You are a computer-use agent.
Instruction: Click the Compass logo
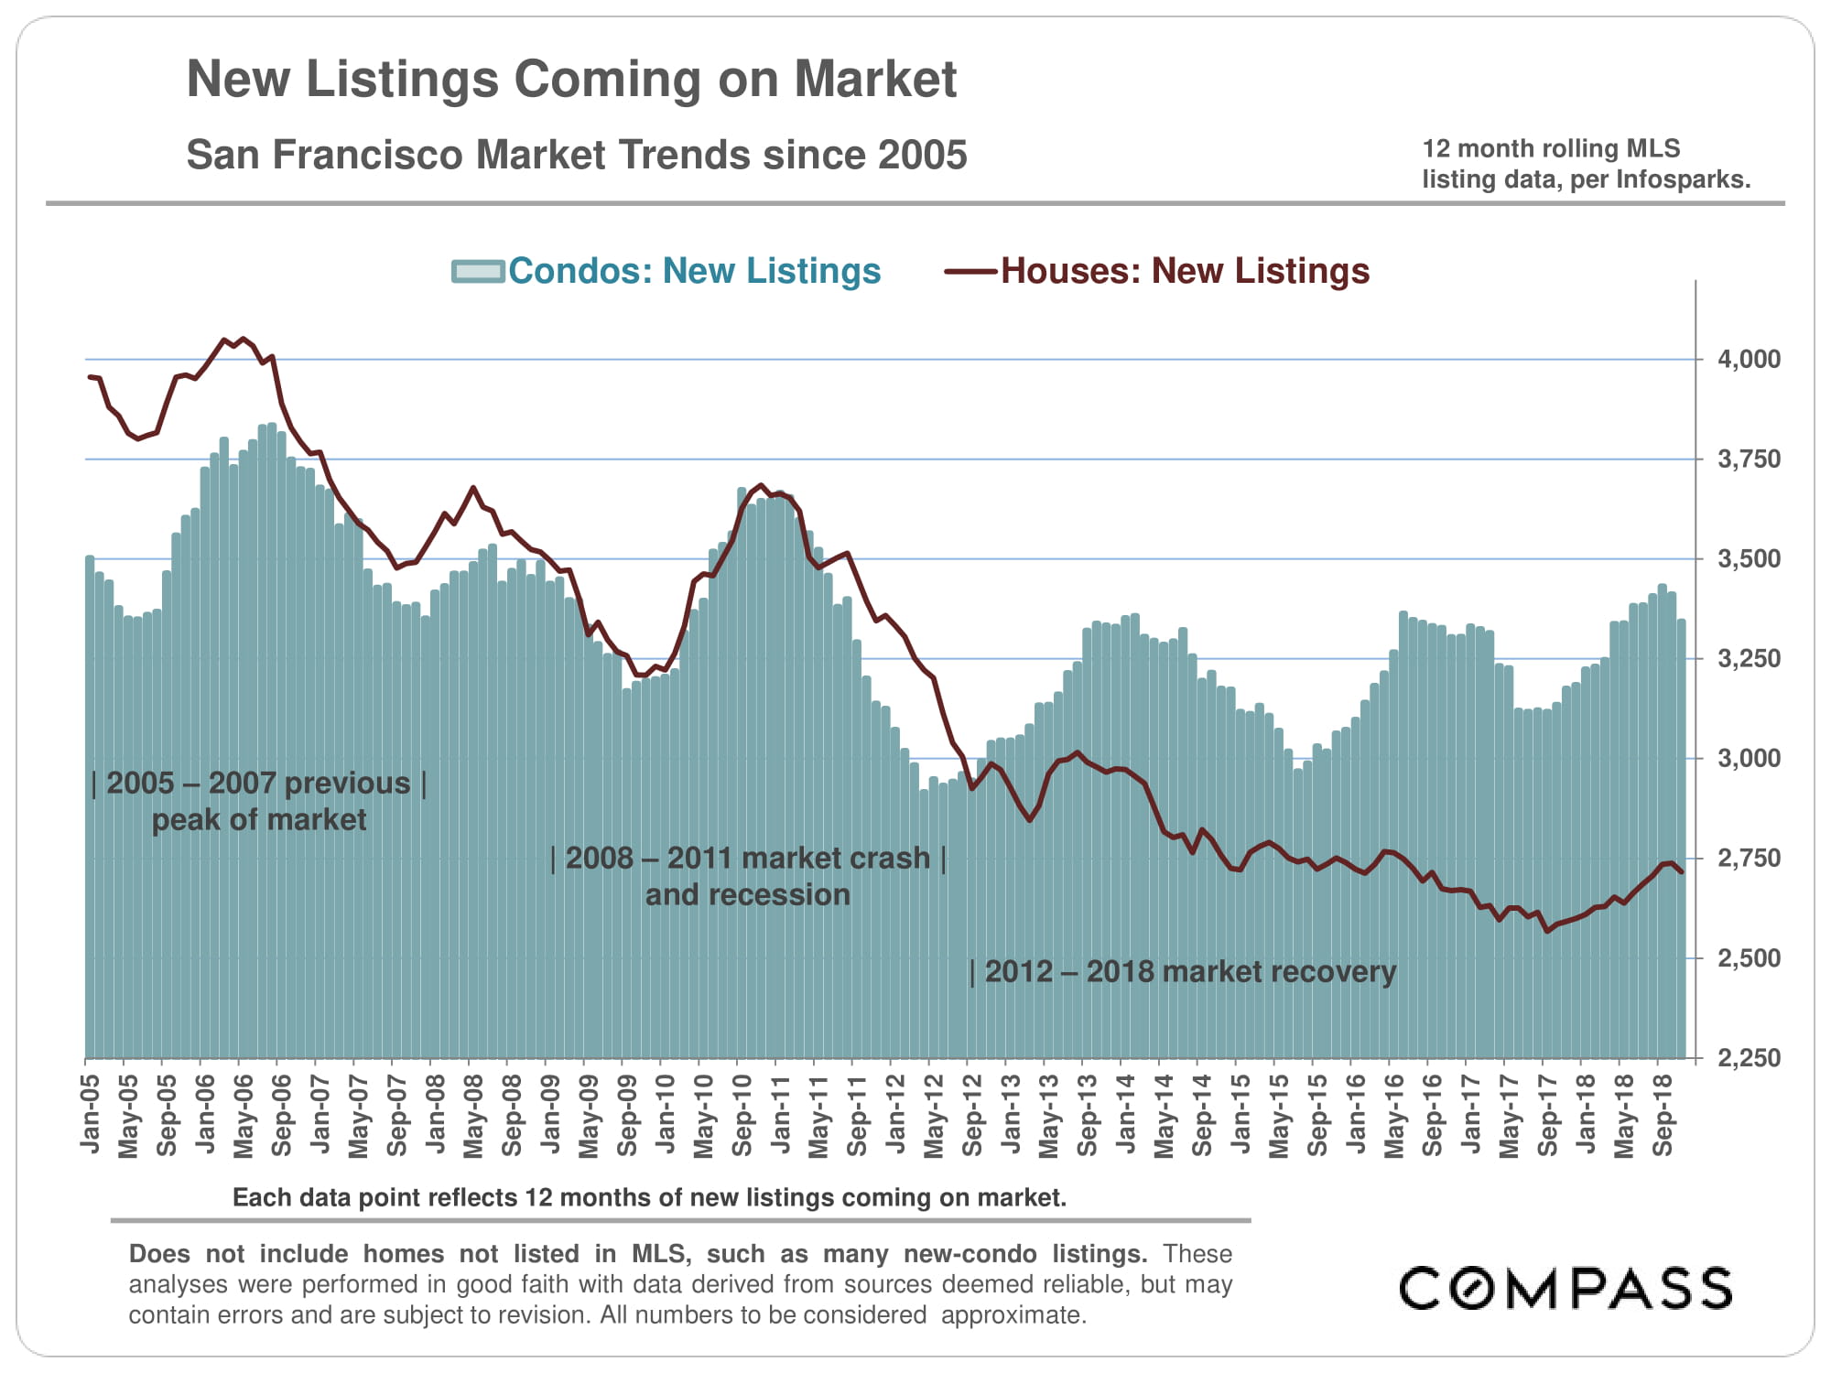click(1566, 1288)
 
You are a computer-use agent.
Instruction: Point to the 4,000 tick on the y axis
click(1750, 359)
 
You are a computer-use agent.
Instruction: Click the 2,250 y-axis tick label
click(1750, 1058)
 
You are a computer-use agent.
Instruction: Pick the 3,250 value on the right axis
click(1750, 658)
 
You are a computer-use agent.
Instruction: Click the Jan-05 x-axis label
click(90, 1115)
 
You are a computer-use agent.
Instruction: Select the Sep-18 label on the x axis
click(1663, 1115)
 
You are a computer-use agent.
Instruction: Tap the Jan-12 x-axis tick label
click(895, 1115)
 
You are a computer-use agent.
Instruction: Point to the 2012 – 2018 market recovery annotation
click(1183, 971)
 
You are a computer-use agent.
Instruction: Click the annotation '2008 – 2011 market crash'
click(748, 859)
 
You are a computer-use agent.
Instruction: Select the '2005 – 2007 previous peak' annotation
click(259, 784)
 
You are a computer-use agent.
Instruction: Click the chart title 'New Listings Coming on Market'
click(571, 79)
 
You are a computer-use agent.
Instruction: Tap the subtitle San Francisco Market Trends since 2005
click(577, 155)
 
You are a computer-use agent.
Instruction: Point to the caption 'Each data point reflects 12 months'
click(649, 1197)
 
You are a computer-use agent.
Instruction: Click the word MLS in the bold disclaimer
click(658, 1254)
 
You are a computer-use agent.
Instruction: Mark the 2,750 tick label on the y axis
click(1750, 859)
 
